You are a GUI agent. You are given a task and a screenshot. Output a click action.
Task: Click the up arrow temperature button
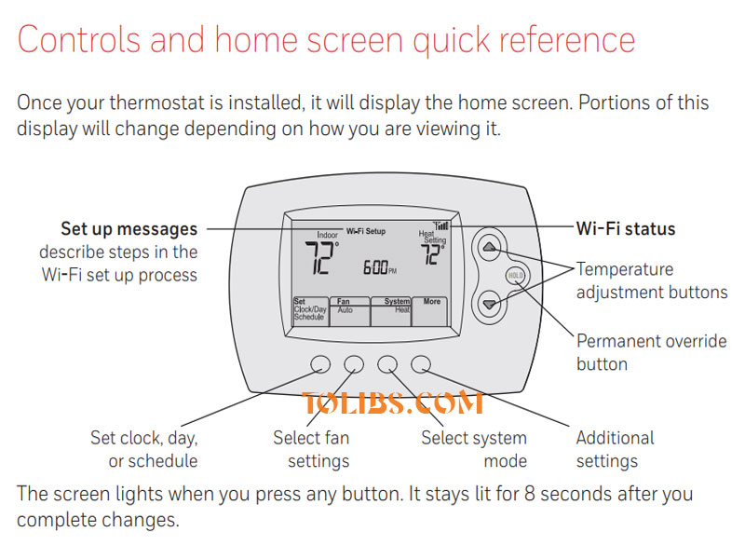point(491,248)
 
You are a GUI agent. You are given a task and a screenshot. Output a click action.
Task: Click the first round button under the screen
point(318,363)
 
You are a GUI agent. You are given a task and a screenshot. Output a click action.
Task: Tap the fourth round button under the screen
point(422,363)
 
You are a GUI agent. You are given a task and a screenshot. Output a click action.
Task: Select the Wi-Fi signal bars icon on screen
point(441,225)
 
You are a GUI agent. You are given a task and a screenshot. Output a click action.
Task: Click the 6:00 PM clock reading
point(379,268)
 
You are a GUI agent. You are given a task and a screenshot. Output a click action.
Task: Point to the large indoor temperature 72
point(322,260)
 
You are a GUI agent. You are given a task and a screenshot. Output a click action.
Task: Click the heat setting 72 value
point(432,255)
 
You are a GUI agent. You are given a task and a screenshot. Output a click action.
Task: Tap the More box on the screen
point(431,311)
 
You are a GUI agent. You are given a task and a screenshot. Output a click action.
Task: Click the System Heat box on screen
point(391,311)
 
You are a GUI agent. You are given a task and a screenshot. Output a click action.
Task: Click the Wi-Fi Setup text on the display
point(366,230)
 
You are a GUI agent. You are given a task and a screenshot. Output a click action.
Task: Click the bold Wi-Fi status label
point(626,228)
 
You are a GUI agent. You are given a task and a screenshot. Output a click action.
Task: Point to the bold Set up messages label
point(129,228)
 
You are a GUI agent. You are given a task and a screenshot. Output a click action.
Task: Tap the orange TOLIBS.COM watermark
point(392,403)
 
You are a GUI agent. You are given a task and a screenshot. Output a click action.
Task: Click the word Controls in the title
point(82,40)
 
